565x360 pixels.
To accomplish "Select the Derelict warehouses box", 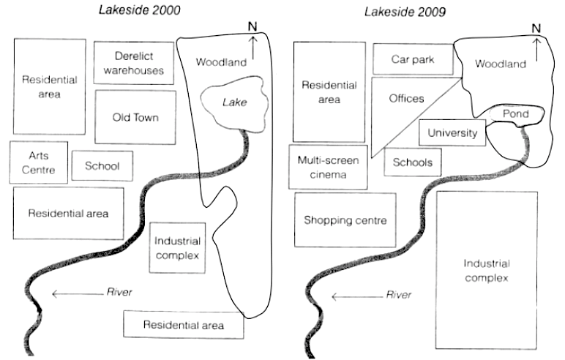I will click(x=134, y=63).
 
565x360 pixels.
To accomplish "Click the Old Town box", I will click(x=135, y=116).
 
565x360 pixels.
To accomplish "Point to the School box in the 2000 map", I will click(x=102, y=166).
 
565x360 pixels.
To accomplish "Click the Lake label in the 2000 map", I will click(x=234, y=103).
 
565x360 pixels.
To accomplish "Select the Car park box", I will click(x=412, y=59).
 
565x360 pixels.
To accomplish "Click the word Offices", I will click(x=406, y=98).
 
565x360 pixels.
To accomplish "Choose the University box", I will click(x=452, y=133).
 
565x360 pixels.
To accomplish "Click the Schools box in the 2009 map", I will click(x=413, y=162).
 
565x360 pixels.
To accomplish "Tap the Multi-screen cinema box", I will click(x=328, y=168).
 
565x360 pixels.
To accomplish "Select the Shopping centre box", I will click(x=345, y=220).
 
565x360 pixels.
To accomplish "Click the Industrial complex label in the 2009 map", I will click(x=487, y=270).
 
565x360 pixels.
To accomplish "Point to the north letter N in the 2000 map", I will click(x=252, y=27).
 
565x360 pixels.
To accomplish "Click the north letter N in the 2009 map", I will click(x=536, y=29).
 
